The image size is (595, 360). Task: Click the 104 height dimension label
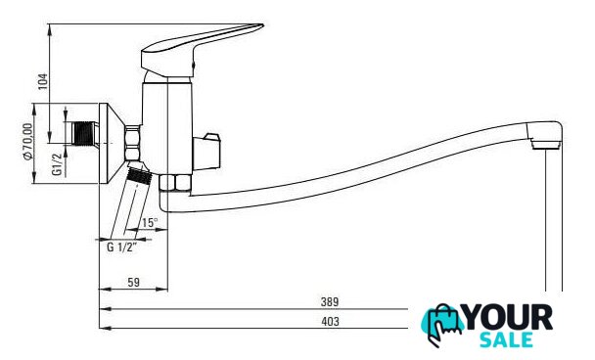44,81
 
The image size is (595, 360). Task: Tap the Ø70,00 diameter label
28,142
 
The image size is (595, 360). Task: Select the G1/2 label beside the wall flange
57,164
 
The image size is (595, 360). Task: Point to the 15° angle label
150,223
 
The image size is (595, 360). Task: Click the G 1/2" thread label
121,247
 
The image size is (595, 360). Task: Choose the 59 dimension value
133,283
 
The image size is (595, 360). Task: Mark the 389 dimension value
330,302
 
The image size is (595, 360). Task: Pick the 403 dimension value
330,321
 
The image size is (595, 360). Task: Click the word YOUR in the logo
509,317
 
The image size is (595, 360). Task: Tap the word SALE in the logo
506,339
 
